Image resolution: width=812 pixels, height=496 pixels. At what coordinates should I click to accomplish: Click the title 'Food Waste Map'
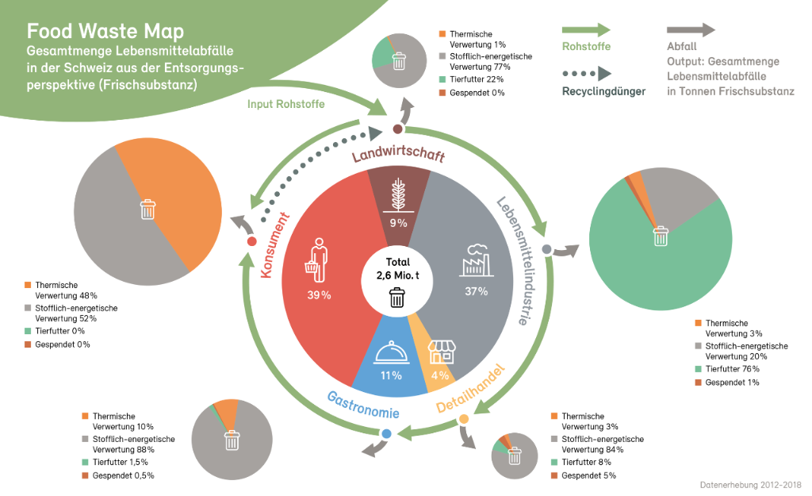(x=105, y=31)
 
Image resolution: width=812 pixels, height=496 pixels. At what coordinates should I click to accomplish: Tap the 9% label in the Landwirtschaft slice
(x=398, y=223)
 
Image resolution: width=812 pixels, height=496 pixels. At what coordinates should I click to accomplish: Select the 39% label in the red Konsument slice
(x=319, y=295)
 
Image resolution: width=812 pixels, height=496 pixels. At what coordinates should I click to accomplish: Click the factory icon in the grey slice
(x=477, y=260)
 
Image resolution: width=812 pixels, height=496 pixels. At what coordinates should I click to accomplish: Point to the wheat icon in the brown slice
(x=398, y=195)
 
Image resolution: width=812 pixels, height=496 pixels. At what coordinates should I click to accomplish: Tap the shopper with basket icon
(x=317, y=260)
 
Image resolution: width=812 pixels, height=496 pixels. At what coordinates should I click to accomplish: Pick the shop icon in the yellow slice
(x=442, y=352)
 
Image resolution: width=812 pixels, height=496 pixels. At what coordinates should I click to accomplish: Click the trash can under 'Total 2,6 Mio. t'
(x=397, y=298)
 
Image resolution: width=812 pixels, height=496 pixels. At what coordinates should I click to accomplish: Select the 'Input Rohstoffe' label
(x=285, y=104)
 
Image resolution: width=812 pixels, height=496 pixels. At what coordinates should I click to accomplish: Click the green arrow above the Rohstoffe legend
(x=586, y=29)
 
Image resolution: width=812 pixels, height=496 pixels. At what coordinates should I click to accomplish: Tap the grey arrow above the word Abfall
(x=691, y=29)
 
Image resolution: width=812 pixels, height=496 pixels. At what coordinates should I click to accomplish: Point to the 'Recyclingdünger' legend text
(x=603, y=92)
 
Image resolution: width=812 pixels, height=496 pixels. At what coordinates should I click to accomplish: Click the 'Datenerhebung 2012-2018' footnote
(x=750, y=485)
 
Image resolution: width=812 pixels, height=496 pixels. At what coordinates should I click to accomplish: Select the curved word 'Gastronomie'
(x=363, y=405)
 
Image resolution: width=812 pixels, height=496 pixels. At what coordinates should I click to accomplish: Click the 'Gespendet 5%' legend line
(x=584, y=476)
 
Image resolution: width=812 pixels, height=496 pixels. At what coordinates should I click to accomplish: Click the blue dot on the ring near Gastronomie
(x=386, y=433)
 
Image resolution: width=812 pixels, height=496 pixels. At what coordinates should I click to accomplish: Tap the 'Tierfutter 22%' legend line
(x=471, y=79)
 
